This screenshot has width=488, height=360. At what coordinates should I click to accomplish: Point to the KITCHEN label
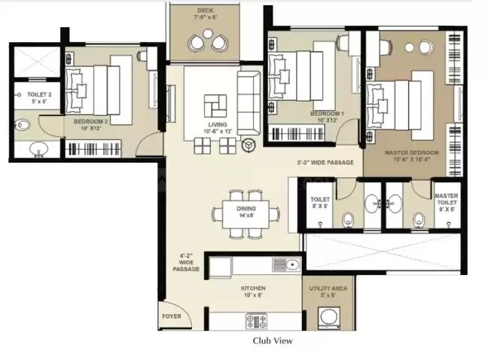253,288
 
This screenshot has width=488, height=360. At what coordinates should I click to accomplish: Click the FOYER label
171,316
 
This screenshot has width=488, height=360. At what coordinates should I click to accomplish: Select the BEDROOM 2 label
91,121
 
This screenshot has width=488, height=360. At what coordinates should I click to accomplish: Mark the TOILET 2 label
38,96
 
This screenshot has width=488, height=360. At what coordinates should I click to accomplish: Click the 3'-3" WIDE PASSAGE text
324,162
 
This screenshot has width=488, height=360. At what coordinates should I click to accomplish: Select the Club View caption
272,340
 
